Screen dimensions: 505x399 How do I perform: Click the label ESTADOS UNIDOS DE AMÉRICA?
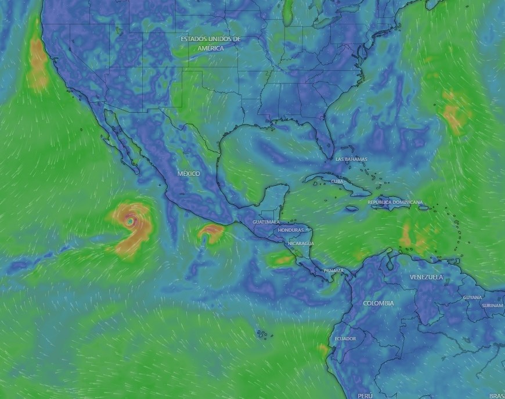coord(210,44)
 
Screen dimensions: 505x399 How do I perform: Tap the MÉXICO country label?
coord(189,174)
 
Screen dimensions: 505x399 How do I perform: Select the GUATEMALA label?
coord(266,222)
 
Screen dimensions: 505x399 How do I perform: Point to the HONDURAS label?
coord(291,230)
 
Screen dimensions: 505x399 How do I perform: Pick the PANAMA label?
coord(333,271)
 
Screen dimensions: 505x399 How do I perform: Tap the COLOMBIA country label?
coord(378,303)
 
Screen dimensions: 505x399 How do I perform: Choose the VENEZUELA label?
coord(426,278)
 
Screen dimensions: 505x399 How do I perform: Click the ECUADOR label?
coord(345,339)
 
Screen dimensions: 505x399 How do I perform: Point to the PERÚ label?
coord(365,396)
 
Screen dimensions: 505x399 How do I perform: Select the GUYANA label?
coord(472,297)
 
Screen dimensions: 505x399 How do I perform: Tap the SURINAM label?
coord(492,305)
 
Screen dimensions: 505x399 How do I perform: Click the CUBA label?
coord(337,181)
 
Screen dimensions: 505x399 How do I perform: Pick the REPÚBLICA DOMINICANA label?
coord(395,202)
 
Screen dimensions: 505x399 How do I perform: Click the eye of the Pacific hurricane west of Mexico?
coord(129,221)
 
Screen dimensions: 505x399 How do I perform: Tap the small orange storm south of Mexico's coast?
coord(210,232)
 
